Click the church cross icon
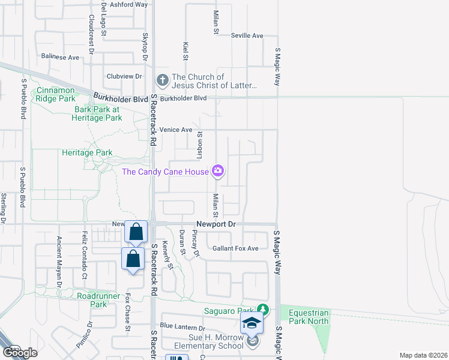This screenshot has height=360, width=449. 162,80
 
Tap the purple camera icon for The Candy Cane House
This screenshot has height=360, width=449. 218,172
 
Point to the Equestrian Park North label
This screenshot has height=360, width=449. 309,317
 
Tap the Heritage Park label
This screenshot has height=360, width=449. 87,153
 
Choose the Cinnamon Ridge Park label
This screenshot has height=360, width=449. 56,94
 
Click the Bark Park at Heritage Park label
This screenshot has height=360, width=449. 98,114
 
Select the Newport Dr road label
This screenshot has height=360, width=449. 217,224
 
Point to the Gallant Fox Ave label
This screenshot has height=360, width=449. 235,248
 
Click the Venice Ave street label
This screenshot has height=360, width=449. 176,130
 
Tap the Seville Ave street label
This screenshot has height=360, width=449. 247,36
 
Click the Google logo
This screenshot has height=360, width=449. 20,353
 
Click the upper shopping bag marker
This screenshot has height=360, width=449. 136,231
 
